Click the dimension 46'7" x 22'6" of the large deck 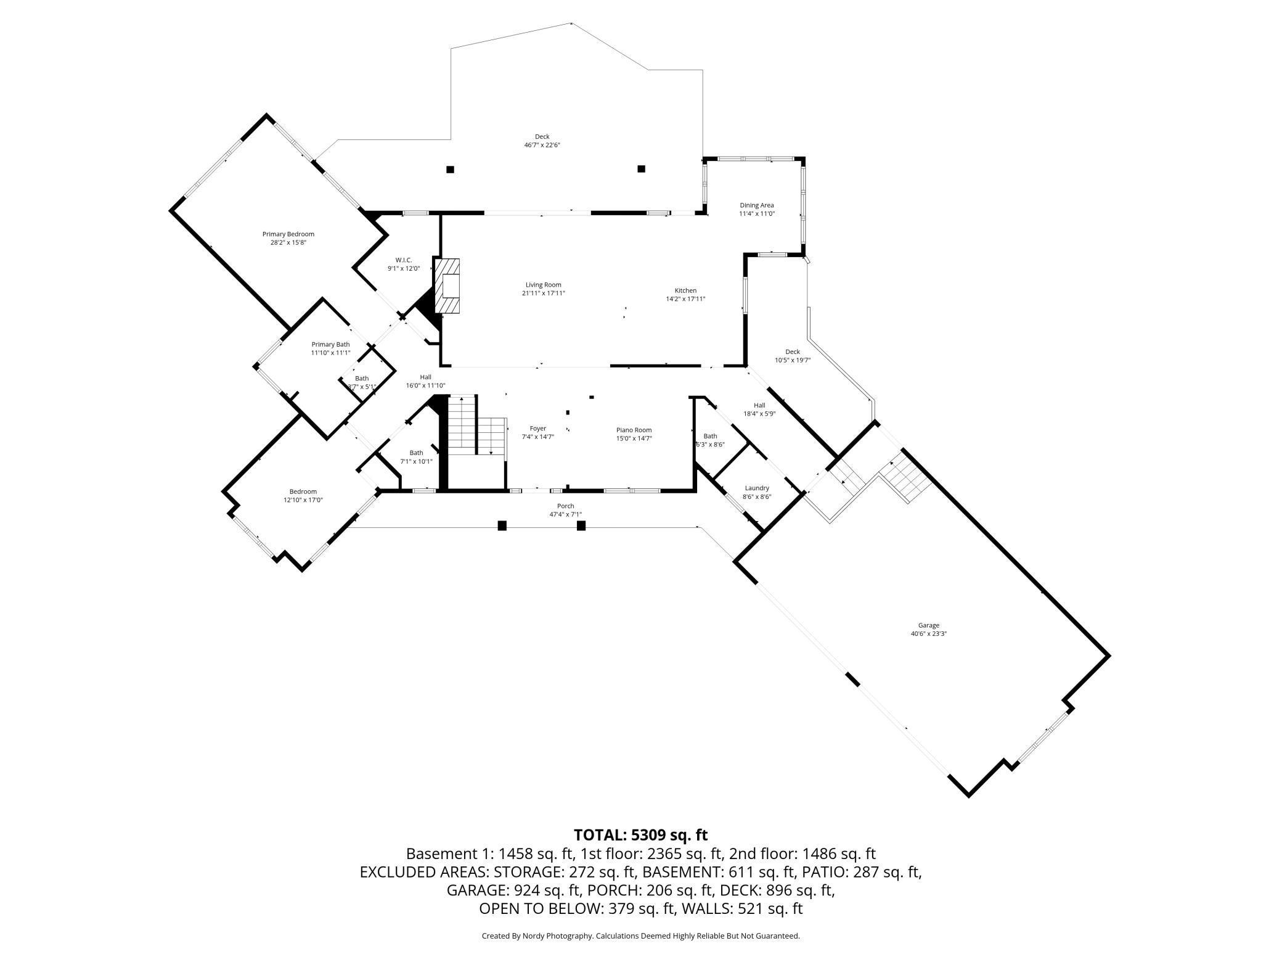pos(542,145)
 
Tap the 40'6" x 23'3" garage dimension pos(929,633)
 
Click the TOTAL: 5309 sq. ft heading pos(641,835)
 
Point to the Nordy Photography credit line pos(641,935)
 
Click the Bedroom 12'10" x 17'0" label pos(303,496)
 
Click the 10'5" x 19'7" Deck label pos(793,356)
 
